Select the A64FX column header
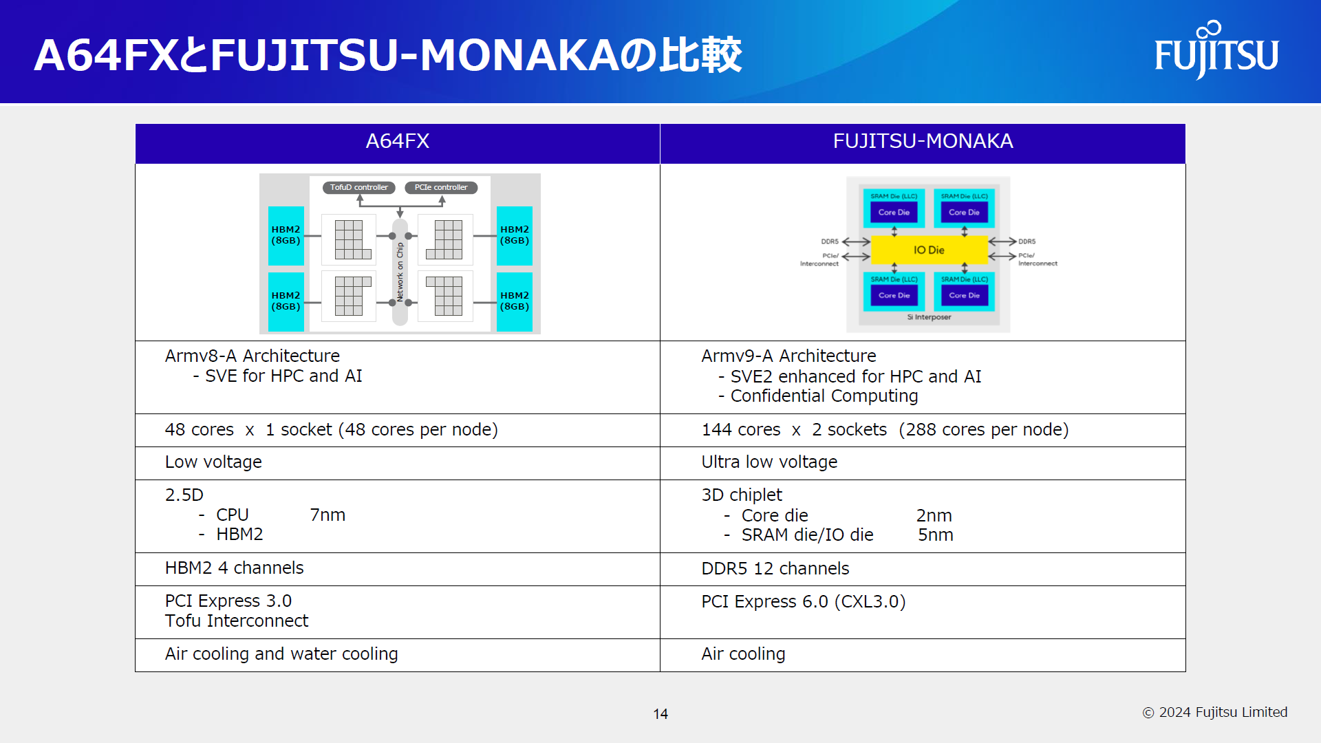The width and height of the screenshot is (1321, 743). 397,142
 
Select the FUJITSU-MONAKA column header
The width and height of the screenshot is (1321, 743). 923,142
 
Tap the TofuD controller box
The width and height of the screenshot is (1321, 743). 358,187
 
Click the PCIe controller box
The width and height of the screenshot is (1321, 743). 440,187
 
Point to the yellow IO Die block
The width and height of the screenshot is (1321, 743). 929,250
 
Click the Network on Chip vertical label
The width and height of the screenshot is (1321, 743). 400,272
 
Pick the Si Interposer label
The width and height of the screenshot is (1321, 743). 929,317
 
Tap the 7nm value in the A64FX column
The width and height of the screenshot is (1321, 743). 327,515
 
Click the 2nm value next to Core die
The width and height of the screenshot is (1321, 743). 934,516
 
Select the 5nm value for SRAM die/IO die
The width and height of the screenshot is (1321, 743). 935,535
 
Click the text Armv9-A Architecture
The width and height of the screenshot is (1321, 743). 788,356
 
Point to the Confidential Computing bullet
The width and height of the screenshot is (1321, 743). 824,396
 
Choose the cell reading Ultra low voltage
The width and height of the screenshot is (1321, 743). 769,462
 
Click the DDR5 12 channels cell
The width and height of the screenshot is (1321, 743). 775,569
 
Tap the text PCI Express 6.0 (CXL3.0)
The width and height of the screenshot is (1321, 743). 803,602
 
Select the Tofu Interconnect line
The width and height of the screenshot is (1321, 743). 237,621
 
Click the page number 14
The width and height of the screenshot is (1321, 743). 660,714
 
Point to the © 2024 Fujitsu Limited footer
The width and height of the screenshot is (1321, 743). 1215,713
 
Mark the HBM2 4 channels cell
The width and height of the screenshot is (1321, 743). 234,568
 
